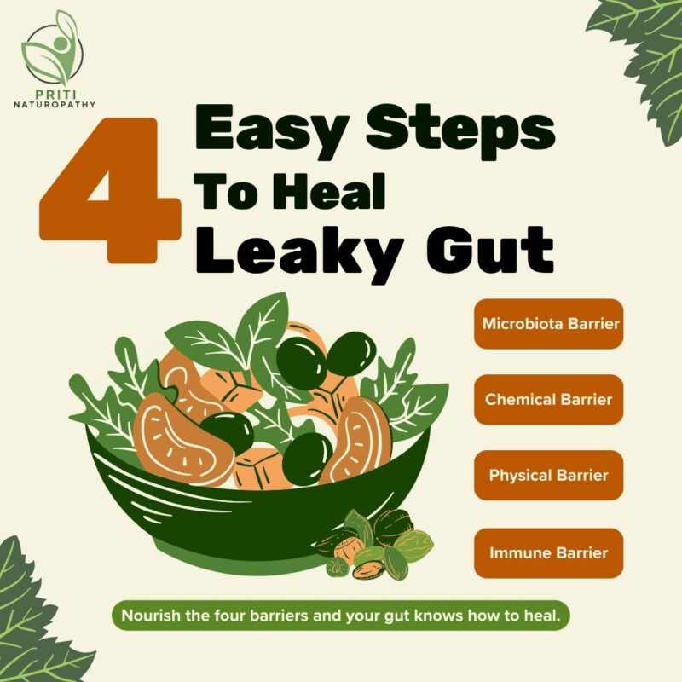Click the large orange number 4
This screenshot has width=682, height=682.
click(x=110, y=190)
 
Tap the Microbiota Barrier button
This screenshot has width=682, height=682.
click(x=548, y=324)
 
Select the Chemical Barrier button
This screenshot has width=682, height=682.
click(x=548, y=399)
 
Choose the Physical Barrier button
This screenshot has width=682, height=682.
click(x=548, y=475)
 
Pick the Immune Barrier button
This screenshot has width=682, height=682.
click(x=548, y=552)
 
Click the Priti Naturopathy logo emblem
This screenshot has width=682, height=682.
click(x=53, y=49)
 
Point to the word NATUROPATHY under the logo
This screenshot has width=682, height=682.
click(x=55, y=105)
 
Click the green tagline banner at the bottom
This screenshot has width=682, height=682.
click(x=340, y=616)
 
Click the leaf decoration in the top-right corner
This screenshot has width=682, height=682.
click(x=639, y=66)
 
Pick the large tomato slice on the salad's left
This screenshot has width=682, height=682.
click(x=182, y=439)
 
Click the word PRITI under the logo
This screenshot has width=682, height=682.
click(x=55, y=95)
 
